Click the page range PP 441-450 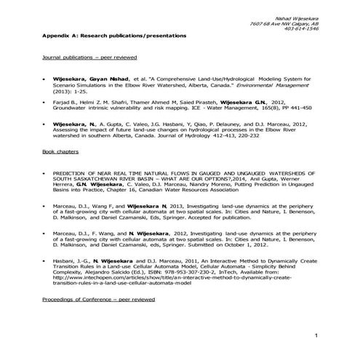coord(299,110)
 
